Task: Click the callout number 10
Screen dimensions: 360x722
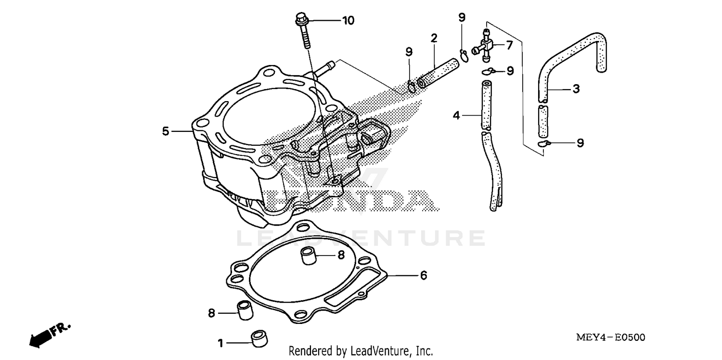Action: pos(348,20)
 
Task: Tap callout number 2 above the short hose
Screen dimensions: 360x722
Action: pos(434,38)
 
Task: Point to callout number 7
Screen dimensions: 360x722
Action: pos(509,46)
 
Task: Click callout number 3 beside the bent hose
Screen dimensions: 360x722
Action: pos(576,89)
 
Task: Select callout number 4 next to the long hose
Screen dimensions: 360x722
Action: pos(457,115)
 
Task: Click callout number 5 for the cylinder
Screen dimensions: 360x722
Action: pos(166,131)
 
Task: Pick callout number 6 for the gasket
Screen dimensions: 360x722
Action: pos(423,275)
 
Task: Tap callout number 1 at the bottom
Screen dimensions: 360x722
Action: pos(220,343)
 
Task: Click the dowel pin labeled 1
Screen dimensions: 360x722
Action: pos(260,337)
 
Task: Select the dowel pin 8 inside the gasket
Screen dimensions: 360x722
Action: pos(308,256)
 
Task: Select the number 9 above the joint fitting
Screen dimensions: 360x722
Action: pos(462,18)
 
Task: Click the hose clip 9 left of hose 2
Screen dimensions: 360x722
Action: pos(412,87)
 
